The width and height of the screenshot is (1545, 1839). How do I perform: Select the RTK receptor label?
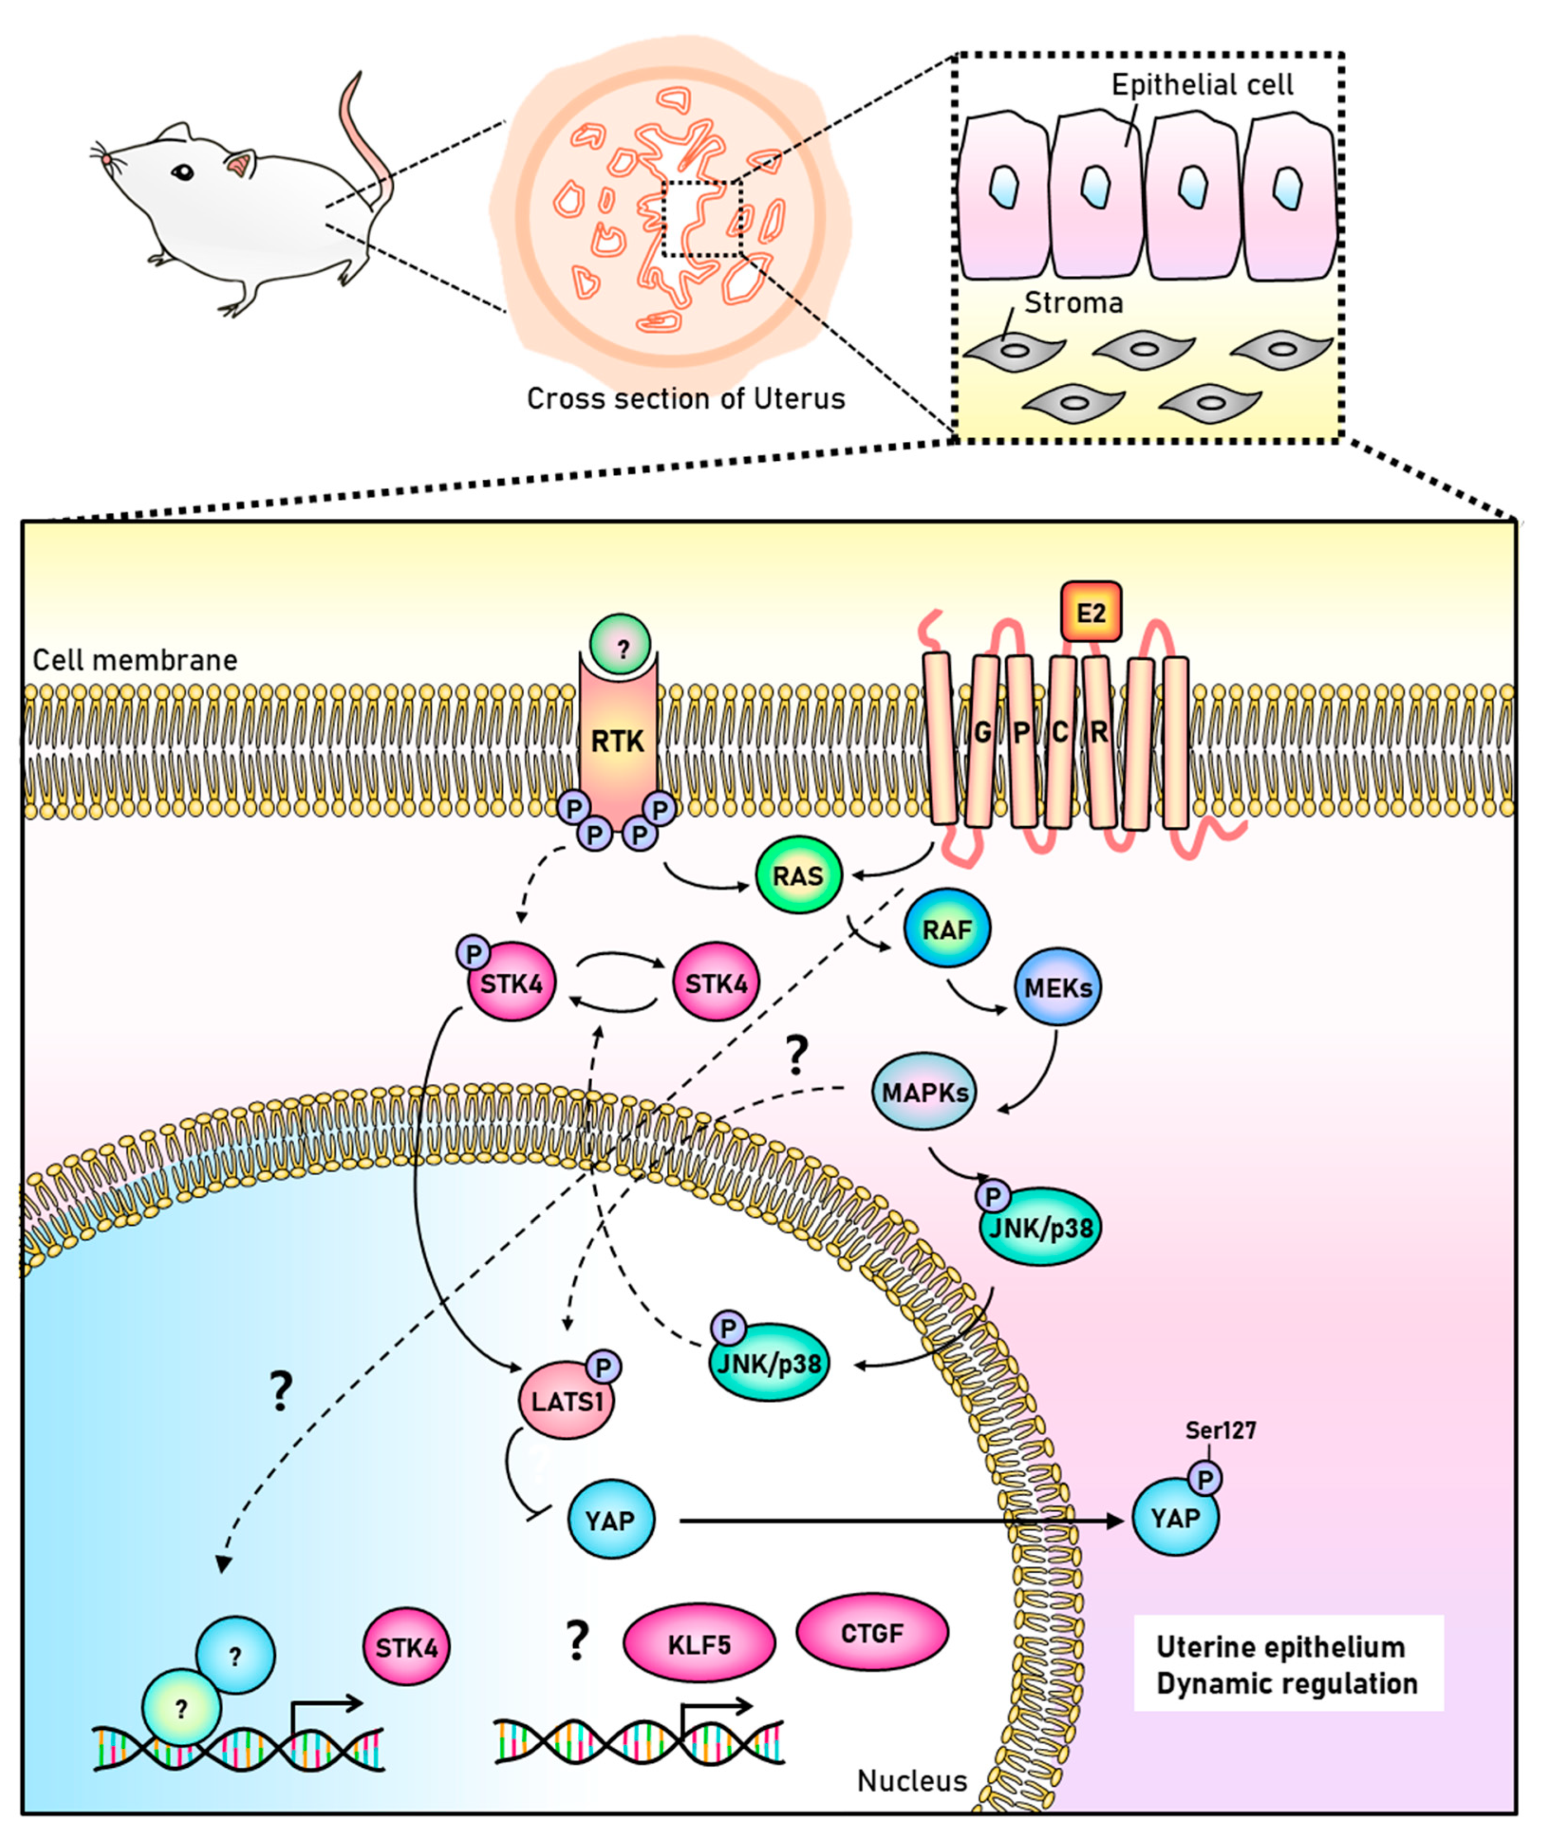point(617,742)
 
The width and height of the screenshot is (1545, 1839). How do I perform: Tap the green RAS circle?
point(798,875)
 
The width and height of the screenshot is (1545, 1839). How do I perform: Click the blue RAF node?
point(947,928)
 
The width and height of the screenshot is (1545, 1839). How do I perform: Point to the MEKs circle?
point(1058,987)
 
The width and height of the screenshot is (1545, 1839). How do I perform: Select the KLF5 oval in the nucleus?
point(699,1644)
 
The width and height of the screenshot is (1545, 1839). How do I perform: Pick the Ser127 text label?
point(1220,1430)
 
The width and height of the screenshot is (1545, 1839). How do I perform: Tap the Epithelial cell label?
point(1202,85)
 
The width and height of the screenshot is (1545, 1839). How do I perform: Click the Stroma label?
point(1073,303)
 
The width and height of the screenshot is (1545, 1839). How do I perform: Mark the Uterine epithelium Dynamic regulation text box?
point(1287,1664)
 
